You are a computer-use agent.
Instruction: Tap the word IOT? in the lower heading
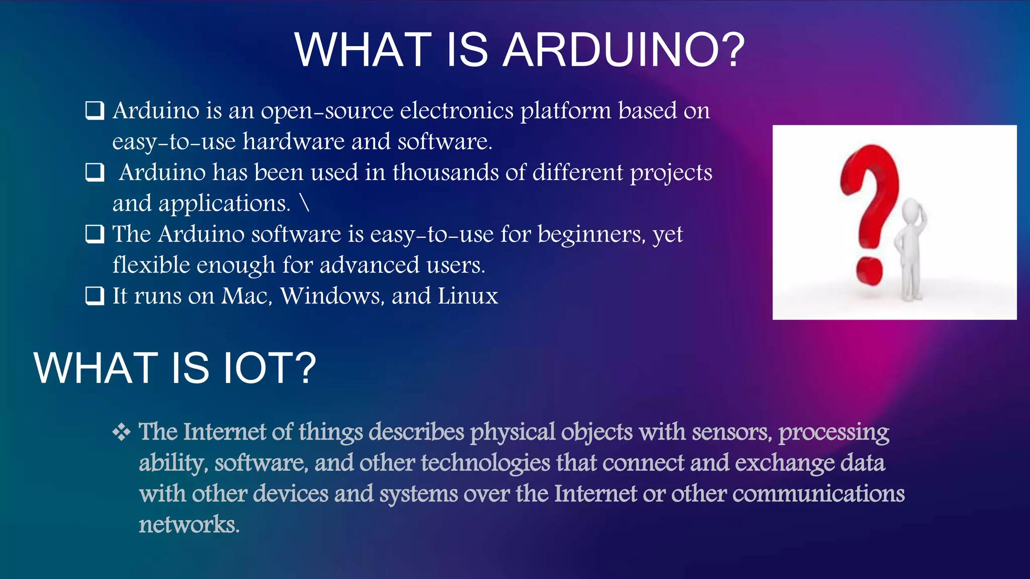(270, 368)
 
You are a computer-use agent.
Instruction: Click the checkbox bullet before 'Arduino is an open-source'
(95, 111)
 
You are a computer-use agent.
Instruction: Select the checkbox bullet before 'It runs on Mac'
(95, 296)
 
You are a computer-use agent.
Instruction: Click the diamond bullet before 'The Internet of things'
(121, 432)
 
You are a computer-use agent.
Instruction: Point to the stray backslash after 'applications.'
(304, 203)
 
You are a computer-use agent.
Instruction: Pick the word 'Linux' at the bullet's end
(468, 296)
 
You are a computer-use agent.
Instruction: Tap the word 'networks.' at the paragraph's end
(189, 525)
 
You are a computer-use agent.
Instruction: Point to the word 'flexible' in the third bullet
(150, 265)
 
